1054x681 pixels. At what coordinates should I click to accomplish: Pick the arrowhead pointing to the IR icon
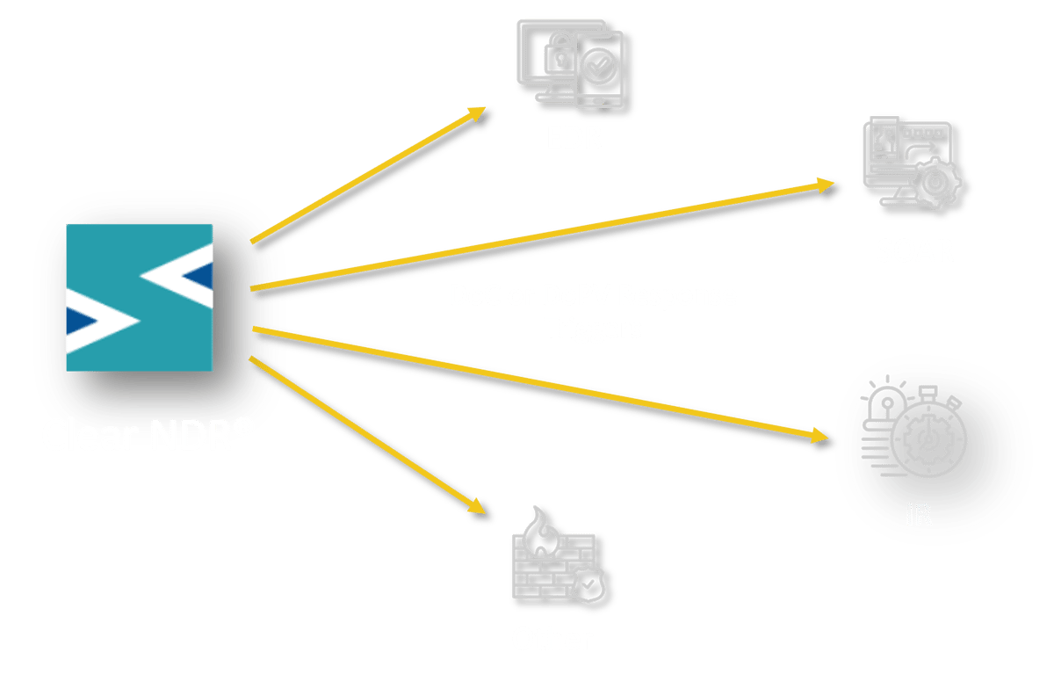coord(820,435)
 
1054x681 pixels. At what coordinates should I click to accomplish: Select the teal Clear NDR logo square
coord(141,297)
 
